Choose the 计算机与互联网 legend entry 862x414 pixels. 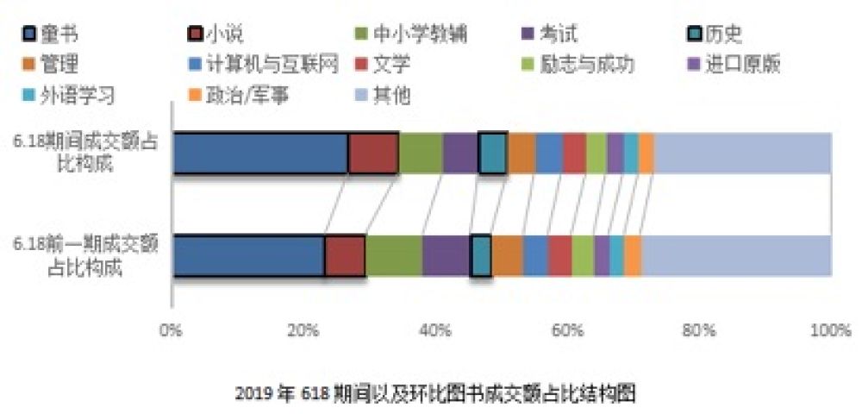tap(259, 64)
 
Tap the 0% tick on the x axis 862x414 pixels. tap(172, 331)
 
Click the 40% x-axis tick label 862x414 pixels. tap(436, 331)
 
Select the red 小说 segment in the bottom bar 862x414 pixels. tap(345, 255)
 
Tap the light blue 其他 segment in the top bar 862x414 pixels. tap(742, 154)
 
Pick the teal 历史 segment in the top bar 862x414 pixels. tap(492, 154)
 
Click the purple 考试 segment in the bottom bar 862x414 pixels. tap(446, 255)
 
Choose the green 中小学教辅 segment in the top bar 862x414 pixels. tap(421, 154)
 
